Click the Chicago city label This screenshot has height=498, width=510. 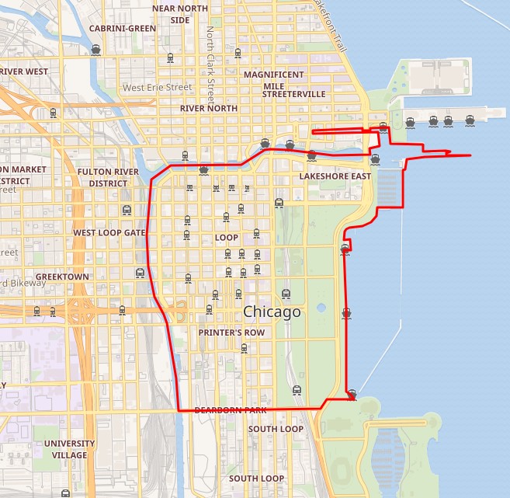(272, 312)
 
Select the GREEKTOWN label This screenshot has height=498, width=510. (62, 277)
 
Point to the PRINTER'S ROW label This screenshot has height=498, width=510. (231, 333)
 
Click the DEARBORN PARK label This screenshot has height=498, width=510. (231, 409)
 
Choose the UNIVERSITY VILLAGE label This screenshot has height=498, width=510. (70, 449)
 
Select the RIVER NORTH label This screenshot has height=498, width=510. (208, 109)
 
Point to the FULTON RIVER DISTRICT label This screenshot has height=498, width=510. (108, 178)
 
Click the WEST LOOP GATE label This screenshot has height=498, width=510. (109, 232)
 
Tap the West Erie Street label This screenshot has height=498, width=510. (157, 88)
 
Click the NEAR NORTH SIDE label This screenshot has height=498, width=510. (180, 14)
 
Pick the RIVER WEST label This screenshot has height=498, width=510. (23, 71)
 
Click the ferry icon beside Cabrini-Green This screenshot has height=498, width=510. (96, 50)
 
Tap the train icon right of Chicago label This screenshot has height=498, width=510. (318, 308)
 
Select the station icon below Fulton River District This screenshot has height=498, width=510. (127, 210)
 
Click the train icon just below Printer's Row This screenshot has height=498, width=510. (244, 348)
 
